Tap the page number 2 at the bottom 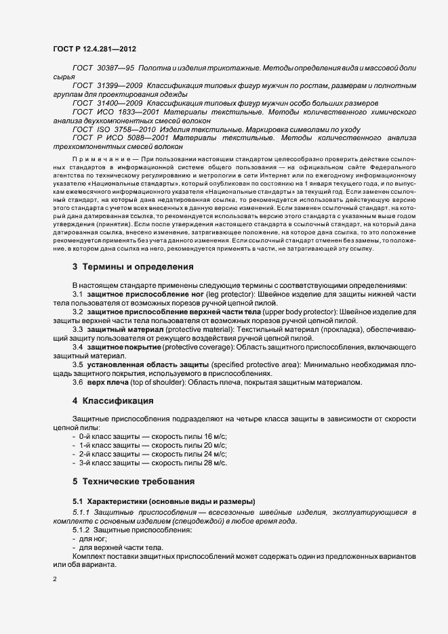[55, 580]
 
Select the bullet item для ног [88, 538]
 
